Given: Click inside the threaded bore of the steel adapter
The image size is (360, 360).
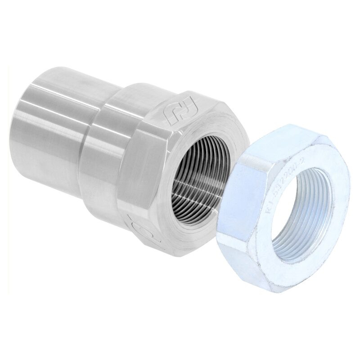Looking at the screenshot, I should click(198, 180).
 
